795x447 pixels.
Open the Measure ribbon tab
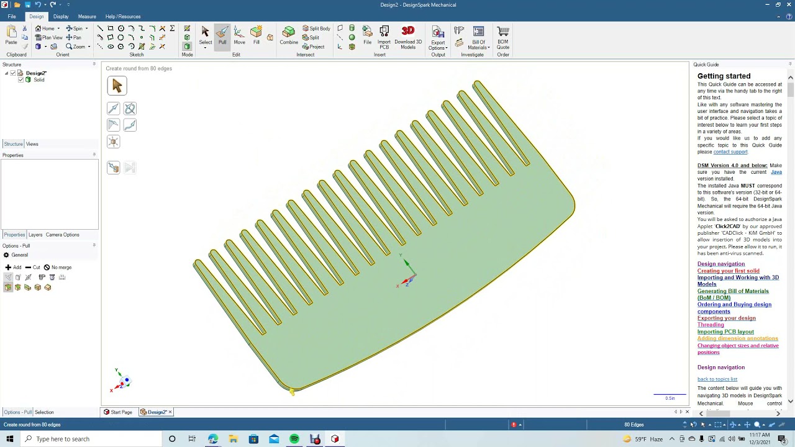coord(87,17)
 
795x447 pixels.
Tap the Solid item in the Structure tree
coord(39,80)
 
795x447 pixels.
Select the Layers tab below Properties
coord(35,235)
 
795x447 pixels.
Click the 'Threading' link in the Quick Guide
coord(711,325)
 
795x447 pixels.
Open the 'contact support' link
coord(730,152)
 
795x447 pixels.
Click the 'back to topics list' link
coord(717,379)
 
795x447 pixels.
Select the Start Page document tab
coord(118,412)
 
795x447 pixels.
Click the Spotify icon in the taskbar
coord(294,439)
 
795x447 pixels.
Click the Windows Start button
coord(9,439)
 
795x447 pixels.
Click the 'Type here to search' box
coord(93,439)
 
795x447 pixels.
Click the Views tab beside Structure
coord(32,144)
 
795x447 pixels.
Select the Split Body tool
coord(317,29)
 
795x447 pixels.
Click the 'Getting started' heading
coord(724,76)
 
